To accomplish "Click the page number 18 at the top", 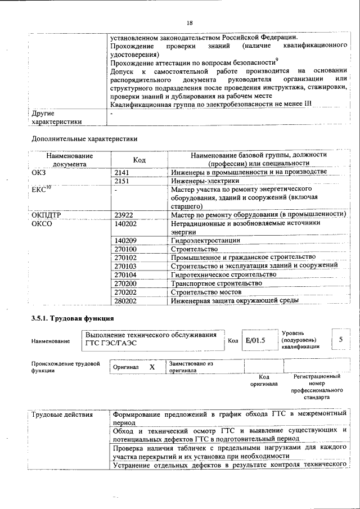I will (190, 23).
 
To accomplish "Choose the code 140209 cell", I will (125, 241).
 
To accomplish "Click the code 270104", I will (125, 274).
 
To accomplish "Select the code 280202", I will (125, 300).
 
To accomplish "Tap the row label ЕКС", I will (42, 190).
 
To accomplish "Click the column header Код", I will (139, 160).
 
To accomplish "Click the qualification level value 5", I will (341, 340).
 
